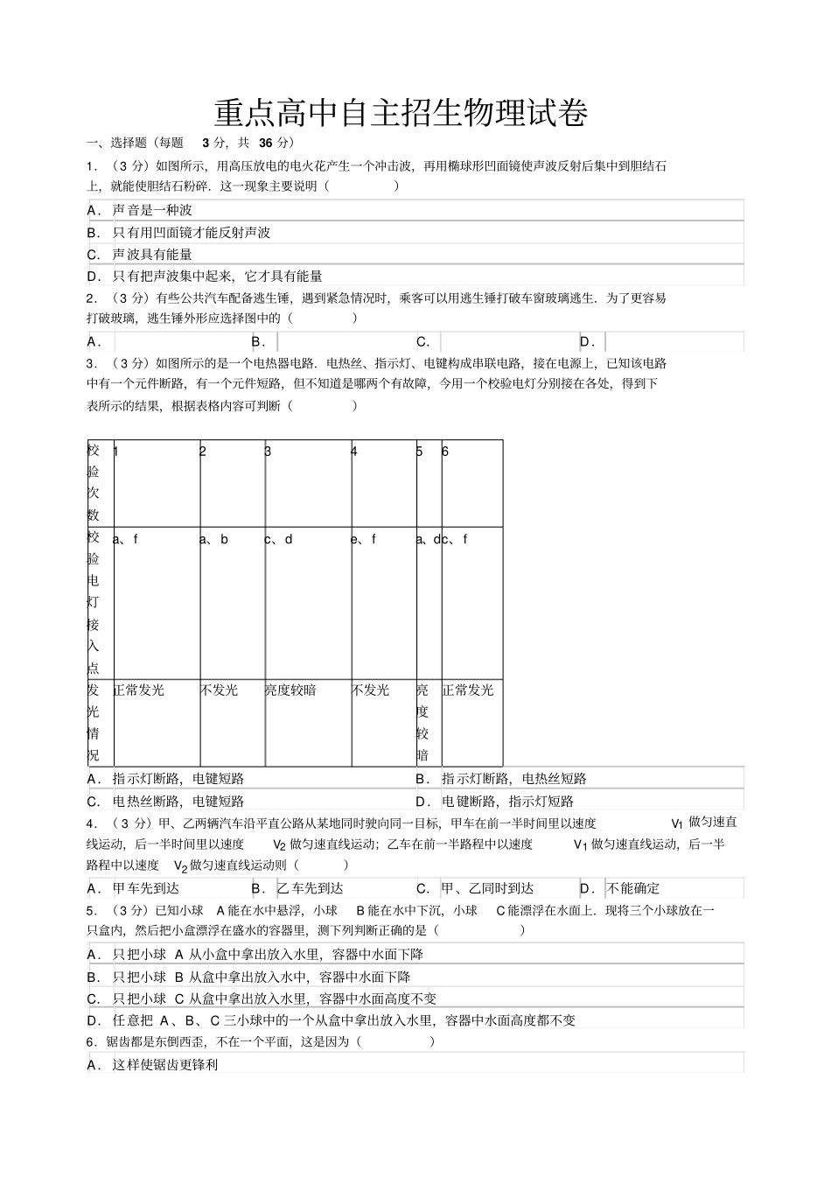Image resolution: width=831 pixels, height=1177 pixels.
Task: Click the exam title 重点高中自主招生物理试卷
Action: click(x=401, y=113)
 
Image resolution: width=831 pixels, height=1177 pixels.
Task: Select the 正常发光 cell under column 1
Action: click(x=139, y=690)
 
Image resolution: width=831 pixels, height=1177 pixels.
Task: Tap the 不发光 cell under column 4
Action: click(x=371, y=690)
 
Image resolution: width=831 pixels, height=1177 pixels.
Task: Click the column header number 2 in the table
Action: click(x=203, y=452)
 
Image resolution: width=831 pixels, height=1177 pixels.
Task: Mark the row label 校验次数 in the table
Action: click(x=94, y=482)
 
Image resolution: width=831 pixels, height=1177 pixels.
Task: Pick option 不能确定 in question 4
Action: click(x=634, y=888)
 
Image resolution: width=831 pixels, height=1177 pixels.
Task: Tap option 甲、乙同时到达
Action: click(x=487, y=888)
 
